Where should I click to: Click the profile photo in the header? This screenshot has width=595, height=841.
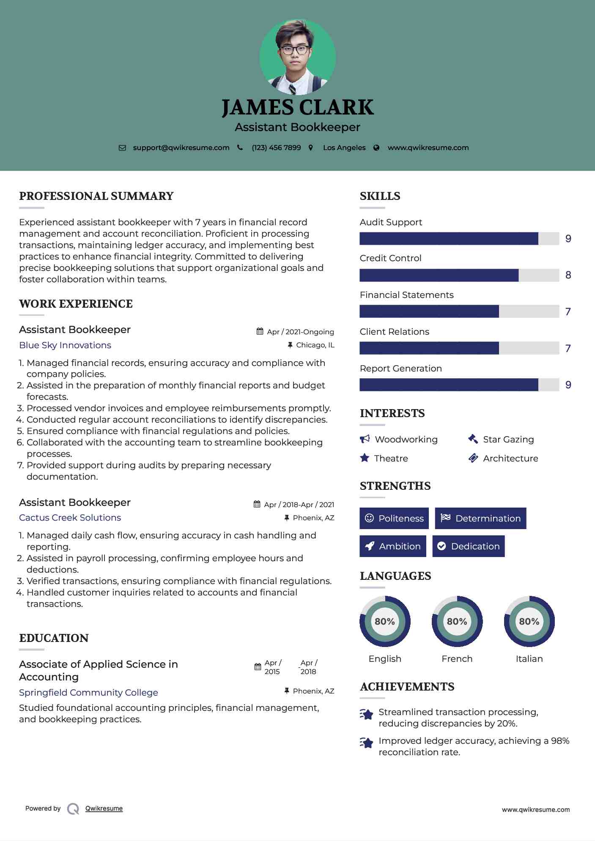point(297,57)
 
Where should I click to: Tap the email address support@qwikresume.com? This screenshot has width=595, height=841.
point(181,148)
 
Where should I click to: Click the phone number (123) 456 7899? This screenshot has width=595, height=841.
point(276,148)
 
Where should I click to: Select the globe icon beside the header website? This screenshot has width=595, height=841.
point(376,148)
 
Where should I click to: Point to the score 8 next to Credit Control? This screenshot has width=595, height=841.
point(568,275)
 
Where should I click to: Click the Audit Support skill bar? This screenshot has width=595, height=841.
point(459,239)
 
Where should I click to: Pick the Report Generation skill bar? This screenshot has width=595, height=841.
point(459,385)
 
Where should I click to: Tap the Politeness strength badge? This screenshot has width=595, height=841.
point(394,519)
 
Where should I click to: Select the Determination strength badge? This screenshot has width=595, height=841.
point(480,519)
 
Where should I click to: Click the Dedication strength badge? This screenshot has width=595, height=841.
point(469,546)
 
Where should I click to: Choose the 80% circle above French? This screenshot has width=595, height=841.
point(457,622)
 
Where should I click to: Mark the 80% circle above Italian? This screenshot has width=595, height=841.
point(529,622)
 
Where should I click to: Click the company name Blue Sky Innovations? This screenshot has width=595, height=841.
point(65,345)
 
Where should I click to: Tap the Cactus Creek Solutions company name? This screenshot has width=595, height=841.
point(70,518)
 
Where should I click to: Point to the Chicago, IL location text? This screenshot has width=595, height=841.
point(315,345)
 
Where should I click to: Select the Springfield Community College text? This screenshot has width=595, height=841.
point(88,693)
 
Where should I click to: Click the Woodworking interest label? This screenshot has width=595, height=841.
point(406,440)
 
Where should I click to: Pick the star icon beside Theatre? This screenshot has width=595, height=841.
point(365,458)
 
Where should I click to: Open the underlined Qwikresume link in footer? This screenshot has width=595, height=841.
point(104,808)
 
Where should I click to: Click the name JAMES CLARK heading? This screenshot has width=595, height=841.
point(297,107)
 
